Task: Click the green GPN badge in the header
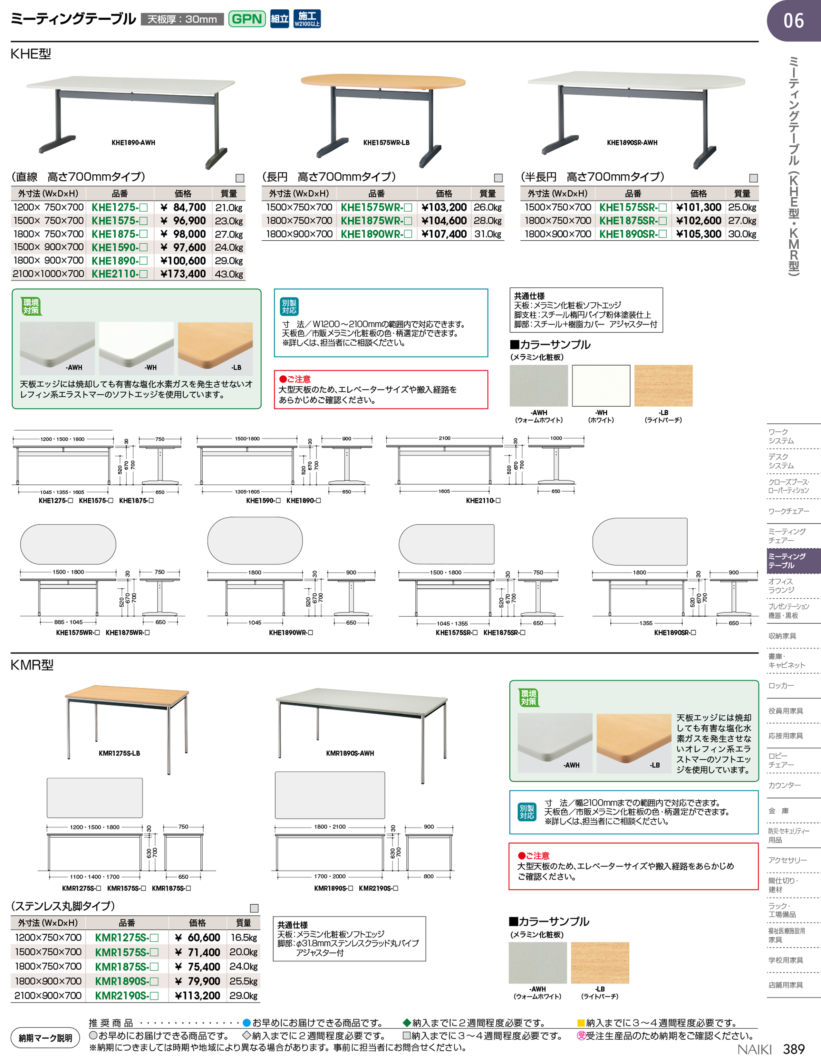tap(247, 19)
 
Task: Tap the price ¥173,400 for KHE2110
tap(183, 274)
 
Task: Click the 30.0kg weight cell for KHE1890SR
tap(742, 234)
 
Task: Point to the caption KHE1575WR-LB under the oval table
tap(386, 143)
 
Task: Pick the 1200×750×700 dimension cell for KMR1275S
tap(48, 937)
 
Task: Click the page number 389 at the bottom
tap(794, 1049)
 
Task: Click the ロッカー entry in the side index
tap(781, 686)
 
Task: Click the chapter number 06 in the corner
tap(794, 21)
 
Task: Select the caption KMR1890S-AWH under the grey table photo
tap(350, 753)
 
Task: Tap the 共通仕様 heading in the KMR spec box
tap(292, 925)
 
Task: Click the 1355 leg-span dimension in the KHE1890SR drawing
tap(646, 623)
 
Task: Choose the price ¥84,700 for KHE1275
tap(183, 207)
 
